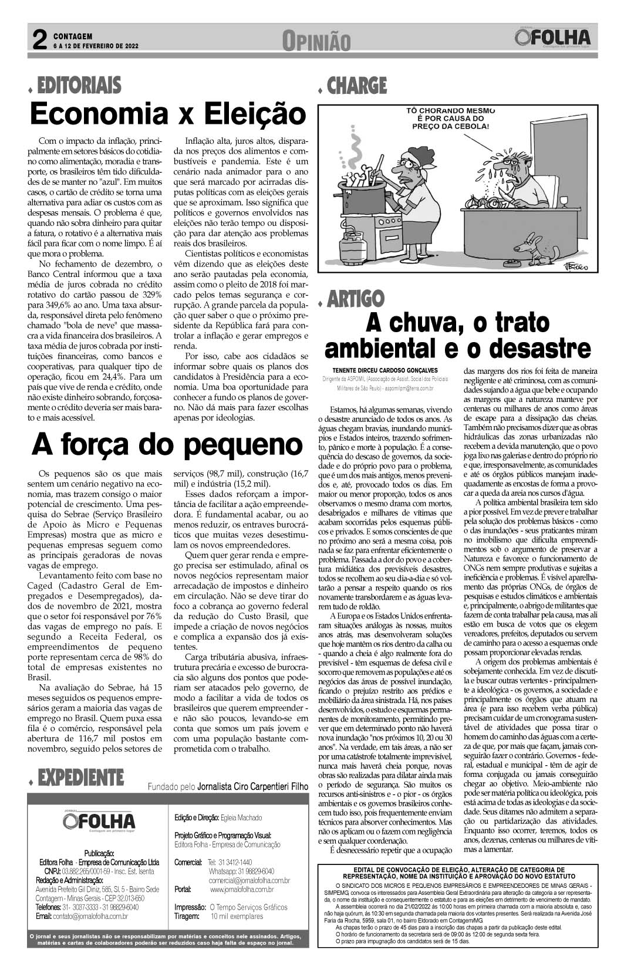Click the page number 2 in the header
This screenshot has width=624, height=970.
tap(39, 40)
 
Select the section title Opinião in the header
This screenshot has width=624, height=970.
tap(316, 41)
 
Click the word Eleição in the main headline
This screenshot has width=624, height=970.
tap(252, 113)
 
